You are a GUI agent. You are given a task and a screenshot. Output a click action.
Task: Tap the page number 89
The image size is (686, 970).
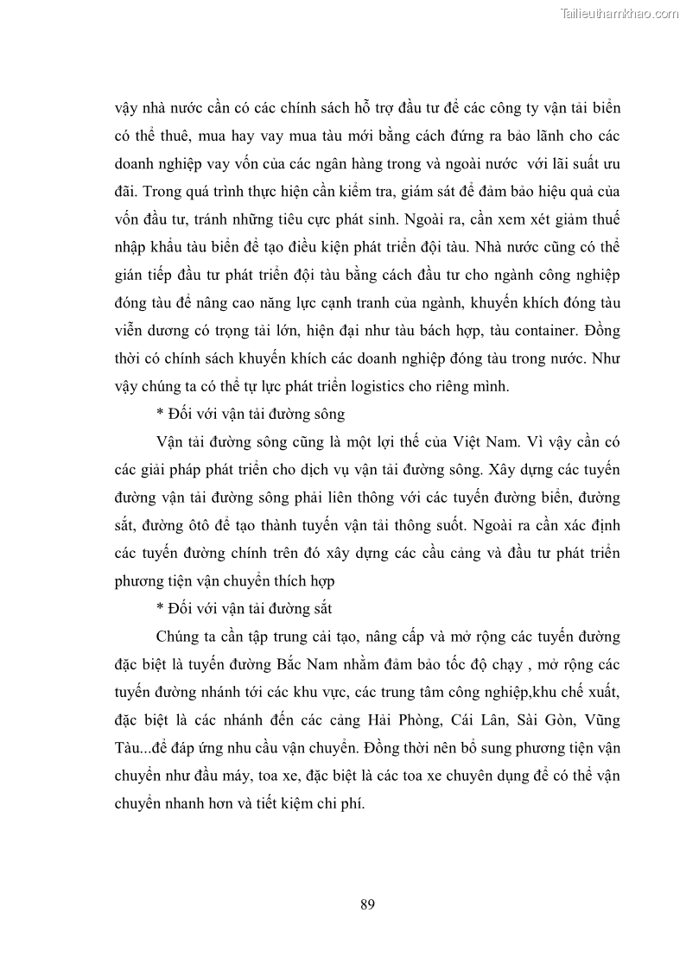[x=366, y=904]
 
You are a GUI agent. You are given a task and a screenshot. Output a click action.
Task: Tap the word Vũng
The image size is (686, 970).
[x=601, y=720]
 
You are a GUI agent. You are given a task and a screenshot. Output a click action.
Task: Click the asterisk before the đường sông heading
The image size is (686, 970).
[x=161, y=415]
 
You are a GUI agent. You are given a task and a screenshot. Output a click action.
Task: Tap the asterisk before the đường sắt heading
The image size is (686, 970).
[x=161, y=610]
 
